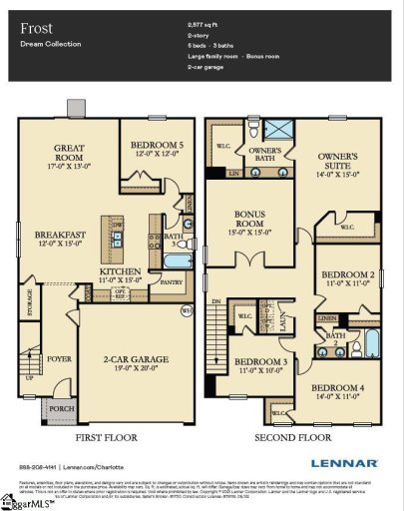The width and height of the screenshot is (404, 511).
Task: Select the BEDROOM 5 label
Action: [x=158, y=146]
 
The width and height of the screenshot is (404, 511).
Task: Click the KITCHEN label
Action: [x=120, y=271]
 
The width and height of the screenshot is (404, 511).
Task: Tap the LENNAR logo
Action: [x=342, y=463]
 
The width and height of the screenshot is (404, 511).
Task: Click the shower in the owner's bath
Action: [x=281, y=131]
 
